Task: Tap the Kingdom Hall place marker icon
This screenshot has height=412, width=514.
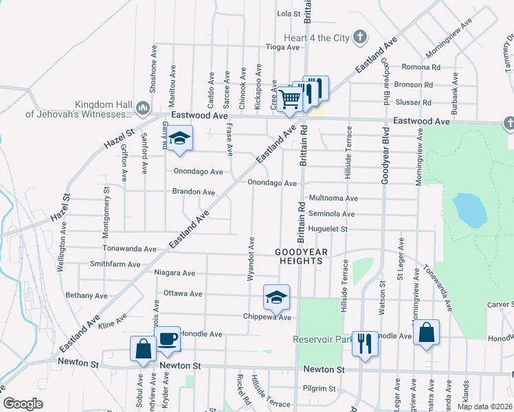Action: (x=144, y=108)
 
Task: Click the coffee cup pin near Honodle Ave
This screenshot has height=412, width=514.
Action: (x=167, y=339)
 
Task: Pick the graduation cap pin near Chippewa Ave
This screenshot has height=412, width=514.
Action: (x=276, y=297)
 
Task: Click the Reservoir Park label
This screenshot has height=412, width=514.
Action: (x=322, y=339)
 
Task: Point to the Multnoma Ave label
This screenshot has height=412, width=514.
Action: (x=333, y=198)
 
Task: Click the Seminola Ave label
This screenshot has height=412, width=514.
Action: (x=331, y=214)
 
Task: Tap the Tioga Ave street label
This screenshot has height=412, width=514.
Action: (x=283, y=47)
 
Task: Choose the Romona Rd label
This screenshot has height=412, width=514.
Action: (x=421, y=67)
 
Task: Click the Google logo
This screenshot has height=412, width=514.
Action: (x=23, y=403)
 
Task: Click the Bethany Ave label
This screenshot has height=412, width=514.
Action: (x=87, y=295)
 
